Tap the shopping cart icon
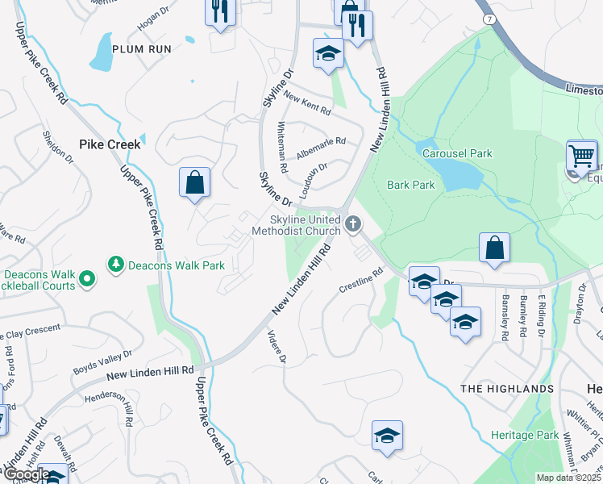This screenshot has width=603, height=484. click(581, 156)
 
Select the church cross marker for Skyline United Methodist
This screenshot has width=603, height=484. click(352, 223)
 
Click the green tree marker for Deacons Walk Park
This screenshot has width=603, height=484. click(117, 264)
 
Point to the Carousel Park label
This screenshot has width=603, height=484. click(456, 153)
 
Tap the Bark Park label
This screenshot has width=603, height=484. click(410, 185)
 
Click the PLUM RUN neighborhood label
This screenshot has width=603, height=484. click(142, 49)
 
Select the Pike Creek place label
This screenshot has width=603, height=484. click(110, 144)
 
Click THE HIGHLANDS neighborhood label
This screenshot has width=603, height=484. click(507, 389)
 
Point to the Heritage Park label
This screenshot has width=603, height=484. click(525, 435)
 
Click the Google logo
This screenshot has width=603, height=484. click(27, 474)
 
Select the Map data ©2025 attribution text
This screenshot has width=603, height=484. click(569, 478)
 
